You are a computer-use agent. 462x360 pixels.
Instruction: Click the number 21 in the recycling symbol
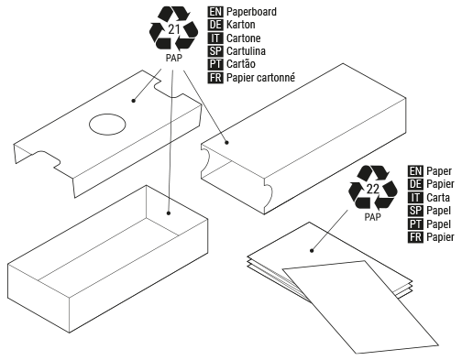tap(174, 31)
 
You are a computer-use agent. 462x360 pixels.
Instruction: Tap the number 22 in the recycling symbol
tap(373, 190)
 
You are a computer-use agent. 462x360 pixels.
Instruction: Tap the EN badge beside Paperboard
tap(215, 12)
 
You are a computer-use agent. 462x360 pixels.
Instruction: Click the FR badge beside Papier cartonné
tap(215, 78)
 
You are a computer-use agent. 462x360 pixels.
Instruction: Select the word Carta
tap(439, 197)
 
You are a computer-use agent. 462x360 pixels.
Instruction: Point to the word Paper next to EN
tap(441, 170)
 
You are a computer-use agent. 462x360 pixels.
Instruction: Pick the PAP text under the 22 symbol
tap(372, 217)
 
